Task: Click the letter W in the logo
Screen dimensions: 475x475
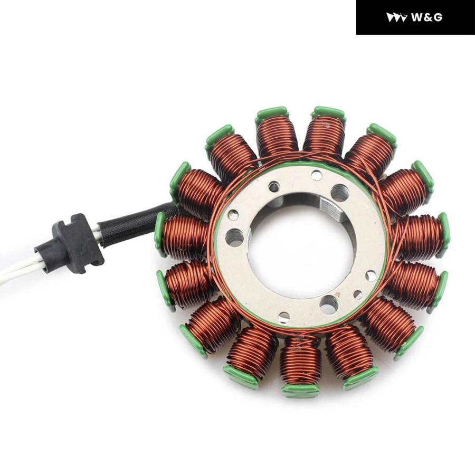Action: click(x=418, y=17)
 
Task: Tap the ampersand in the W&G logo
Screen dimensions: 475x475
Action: click(x=429, y=17)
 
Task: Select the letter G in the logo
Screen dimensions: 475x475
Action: click(x=438, y=17)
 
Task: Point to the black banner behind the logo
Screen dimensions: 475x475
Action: click(x=415, y=17)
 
